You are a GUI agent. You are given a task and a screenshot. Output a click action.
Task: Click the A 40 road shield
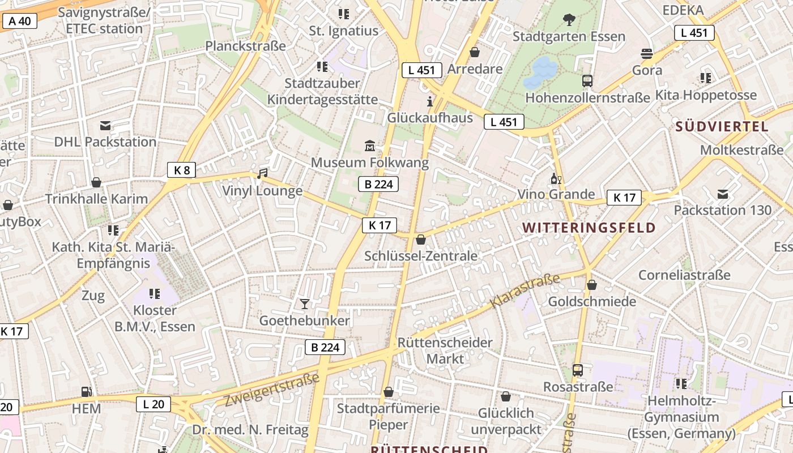pos(20,22)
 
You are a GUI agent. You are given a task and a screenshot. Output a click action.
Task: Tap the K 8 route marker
pos(182,170)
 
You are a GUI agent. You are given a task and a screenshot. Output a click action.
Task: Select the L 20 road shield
pos(154,404)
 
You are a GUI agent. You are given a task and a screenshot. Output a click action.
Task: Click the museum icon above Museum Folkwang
pos(370,146)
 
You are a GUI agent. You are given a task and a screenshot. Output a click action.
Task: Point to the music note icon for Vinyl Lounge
pos(262,173)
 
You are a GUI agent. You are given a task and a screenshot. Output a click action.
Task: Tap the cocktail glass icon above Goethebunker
pos(305,304)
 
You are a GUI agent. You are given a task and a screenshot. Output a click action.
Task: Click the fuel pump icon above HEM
pos(86,391)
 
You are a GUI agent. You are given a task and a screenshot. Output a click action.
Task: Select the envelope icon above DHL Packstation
pos(105,125)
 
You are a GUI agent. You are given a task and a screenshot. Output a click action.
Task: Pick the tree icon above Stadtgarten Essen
pos(569,20)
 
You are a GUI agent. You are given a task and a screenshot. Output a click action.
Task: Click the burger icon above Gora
pos(647,54)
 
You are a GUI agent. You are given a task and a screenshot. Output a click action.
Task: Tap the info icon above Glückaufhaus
pos(430,101)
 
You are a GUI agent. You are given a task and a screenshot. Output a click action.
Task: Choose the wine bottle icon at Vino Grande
pos(556,179)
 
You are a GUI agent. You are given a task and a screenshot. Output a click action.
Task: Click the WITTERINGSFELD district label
pos(589,228)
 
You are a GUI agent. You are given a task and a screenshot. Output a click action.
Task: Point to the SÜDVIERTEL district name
pos(722,126)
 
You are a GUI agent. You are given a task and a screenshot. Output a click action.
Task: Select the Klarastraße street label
pos(525,291)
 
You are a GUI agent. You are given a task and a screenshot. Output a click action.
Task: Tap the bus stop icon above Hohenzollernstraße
pos(587,81)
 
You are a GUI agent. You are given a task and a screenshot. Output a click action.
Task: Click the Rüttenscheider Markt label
pos(445,351)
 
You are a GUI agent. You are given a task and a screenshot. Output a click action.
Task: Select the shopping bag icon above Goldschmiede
pos(592,285)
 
